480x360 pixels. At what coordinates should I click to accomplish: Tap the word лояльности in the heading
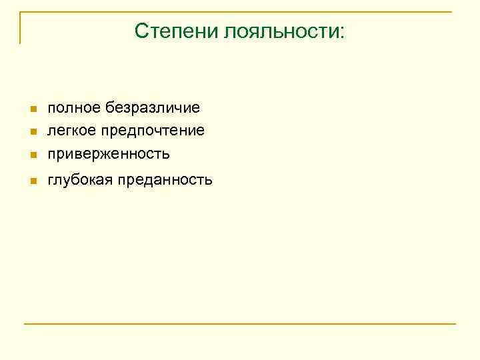[x=281, y=31]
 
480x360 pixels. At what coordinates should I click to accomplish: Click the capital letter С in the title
[x=141, y=31]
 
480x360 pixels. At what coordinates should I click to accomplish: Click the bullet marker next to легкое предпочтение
[x=32, y=131]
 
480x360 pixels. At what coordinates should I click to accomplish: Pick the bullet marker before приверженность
[x=32, y=155]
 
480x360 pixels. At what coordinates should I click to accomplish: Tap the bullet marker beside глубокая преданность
[x=32, y=181]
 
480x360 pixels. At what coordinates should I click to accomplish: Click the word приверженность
[x=109, y=154]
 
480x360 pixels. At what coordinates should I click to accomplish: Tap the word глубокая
[x=80, y=179]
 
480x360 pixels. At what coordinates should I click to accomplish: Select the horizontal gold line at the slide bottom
[x=240, y=324]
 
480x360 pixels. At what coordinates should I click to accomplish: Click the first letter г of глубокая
[x=50, y=180]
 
